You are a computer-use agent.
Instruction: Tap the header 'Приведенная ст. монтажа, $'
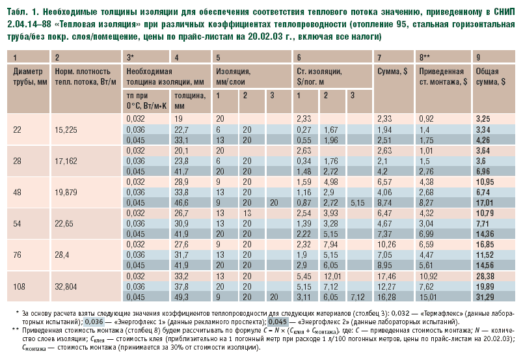441,76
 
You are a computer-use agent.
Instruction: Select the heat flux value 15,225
67,129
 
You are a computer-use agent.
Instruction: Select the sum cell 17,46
387,275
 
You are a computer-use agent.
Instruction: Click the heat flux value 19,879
69,192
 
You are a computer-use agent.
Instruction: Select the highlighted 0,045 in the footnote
277,322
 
